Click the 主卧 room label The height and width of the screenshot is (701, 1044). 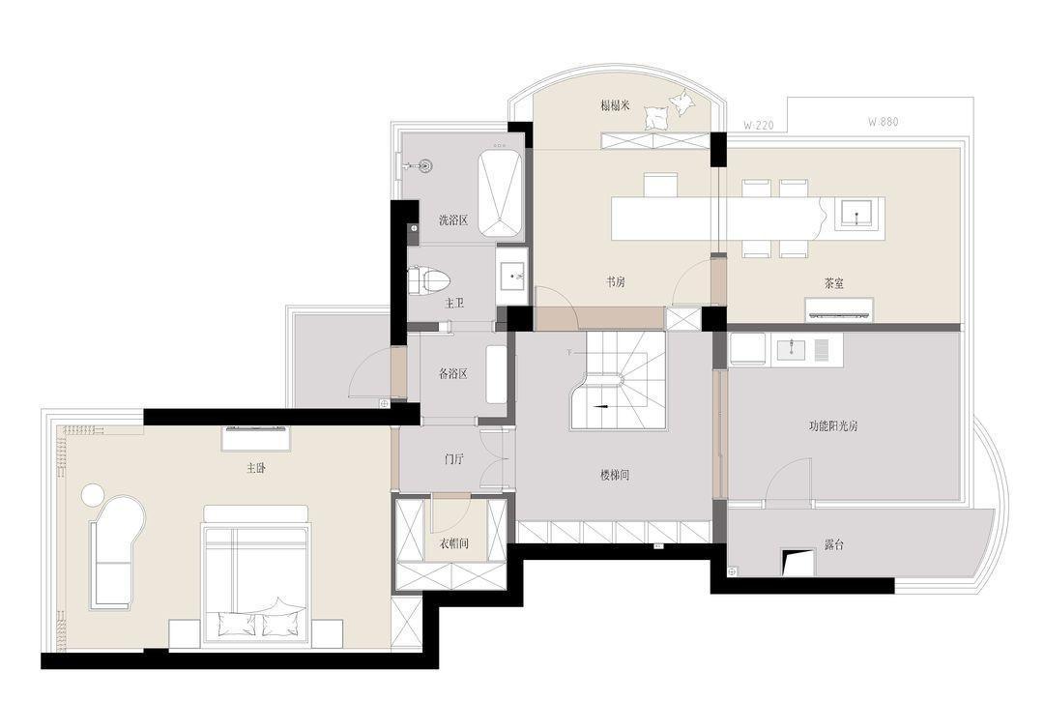click(256, 469)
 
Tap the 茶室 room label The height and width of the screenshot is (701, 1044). click(833, 283)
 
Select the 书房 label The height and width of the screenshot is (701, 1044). click(615, 282)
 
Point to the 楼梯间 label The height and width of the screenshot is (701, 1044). click(615, 476)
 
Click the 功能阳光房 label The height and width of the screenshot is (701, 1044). click(833, 426)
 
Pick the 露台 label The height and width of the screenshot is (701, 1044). click(833, 545)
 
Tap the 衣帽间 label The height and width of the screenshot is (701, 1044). click(453, 543)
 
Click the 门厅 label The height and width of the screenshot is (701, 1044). click(453, 458)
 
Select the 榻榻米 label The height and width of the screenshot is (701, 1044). click(615, 105)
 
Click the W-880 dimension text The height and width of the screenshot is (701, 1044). click(883, 122)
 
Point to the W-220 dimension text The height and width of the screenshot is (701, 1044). click(759, 125)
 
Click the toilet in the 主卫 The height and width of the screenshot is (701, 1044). click(429, 280)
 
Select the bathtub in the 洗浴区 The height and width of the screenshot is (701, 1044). click(500, 193)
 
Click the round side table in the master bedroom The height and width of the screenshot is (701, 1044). click(93, 495)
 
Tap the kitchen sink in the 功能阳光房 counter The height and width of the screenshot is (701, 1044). click(791, 348)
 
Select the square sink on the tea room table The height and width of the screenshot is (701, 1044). click(856, 215)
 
